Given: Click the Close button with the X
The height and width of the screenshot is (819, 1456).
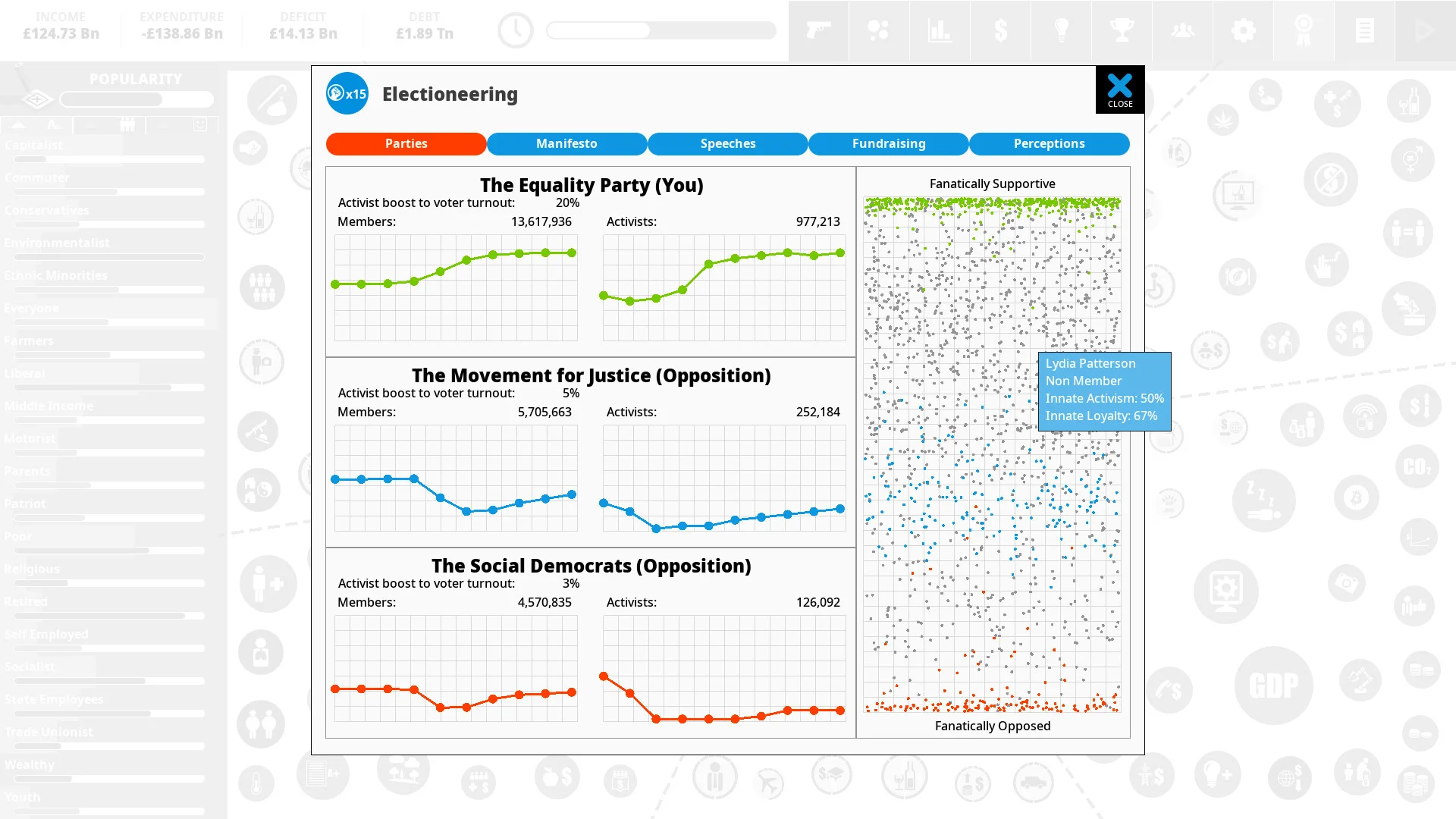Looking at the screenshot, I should tap(1119, 89).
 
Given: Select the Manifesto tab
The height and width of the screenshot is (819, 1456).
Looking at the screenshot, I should tap(566, 143).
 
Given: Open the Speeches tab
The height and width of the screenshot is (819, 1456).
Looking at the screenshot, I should tap(727, 143).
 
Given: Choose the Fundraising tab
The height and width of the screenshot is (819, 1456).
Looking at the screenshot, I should tap(888, 143).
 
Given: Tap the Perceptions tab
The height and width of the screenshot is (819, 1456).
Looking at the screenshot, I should tap(1049, 143).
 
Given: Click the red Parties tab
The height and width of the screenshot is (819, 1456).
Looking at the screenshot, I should tap(406, 143).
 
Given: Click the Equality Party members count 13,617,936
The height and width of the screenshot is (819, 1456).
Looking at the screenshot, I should tap(541, 221).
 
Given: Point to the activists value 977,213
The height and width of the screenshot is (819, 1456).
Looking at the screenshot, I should tap(817, 221).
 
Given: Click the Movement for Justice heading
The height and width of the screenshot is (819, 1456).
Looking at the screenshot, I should tap(591, 375).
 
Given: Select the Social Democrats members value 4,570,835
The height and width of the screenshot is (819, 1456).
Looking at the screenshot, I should tap(544, 602).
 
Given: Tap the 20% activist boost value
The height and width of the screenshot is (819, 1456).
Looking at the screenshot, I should tap(567, 202).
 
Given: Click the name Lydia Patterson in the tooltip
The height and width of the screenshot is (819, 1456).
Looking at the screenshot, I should tap(1090, 363).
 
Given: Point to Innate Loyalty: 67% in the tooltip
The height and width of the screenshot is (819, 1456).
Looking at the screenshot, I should tap(1101, 416).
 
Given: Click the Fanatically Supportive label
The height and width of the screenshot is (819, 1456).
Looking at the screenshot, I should tap(992, 184).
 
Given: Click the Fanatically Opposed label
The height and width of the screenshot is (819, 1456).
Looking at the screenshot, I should tap(992, 726).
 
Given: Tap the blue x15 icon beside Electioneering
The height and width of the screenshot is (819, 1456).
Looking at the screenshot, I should tap(347, 93).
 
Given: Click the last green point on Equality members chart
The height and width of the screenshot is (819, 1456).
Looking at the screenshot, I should tap(572, 253).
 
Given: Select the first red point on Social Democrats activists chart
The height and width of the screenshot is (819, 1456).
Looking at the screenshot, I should tap(604, 676).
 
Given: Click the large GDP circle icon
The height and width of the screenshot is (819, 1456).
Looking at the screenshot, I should tap(1273, 686).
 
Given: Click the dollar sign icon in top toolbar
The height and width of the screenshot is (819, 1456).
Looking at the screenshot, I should tap(1000, 30).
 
